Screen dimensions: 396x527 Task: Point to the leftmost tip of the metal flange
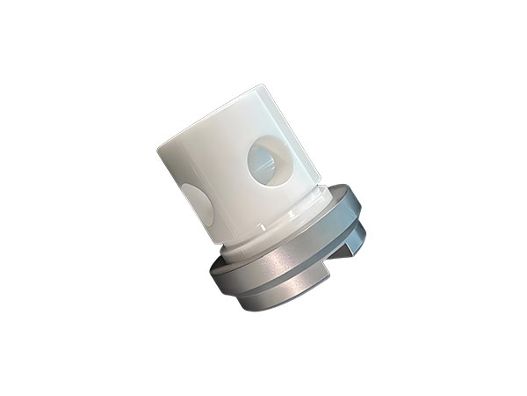(x=211, y=273)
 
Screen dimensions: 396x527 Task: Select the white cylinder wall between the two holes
(x=228, y=185)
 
